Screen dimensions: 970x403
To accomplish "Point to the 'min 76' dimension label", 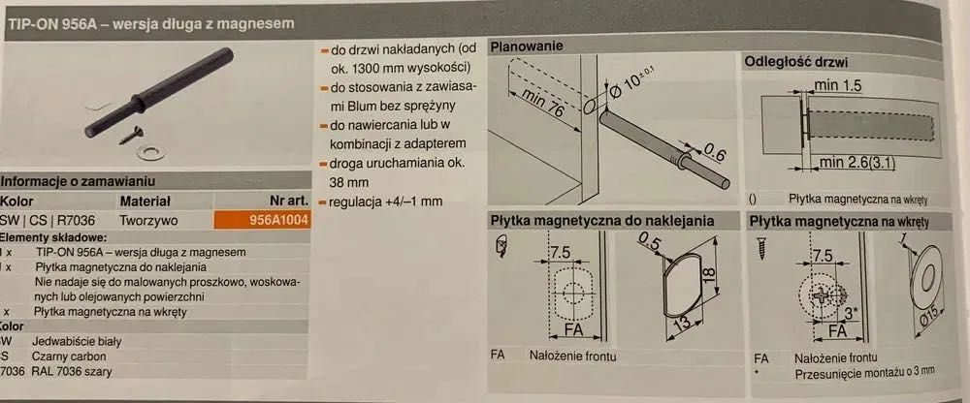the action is (x=542, y=102).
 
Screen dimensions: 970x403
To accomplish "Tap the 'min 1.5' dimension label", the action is (x=837, y=85).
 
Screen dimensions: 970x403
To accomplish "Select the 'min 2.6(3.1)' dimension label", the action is (x=857, y=163).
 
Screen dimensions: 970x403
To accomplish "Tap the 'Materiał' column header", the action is (x=145, y=201).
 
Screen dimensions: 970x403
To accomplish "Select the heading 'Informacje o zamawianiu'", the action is (x=78, y=182).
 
